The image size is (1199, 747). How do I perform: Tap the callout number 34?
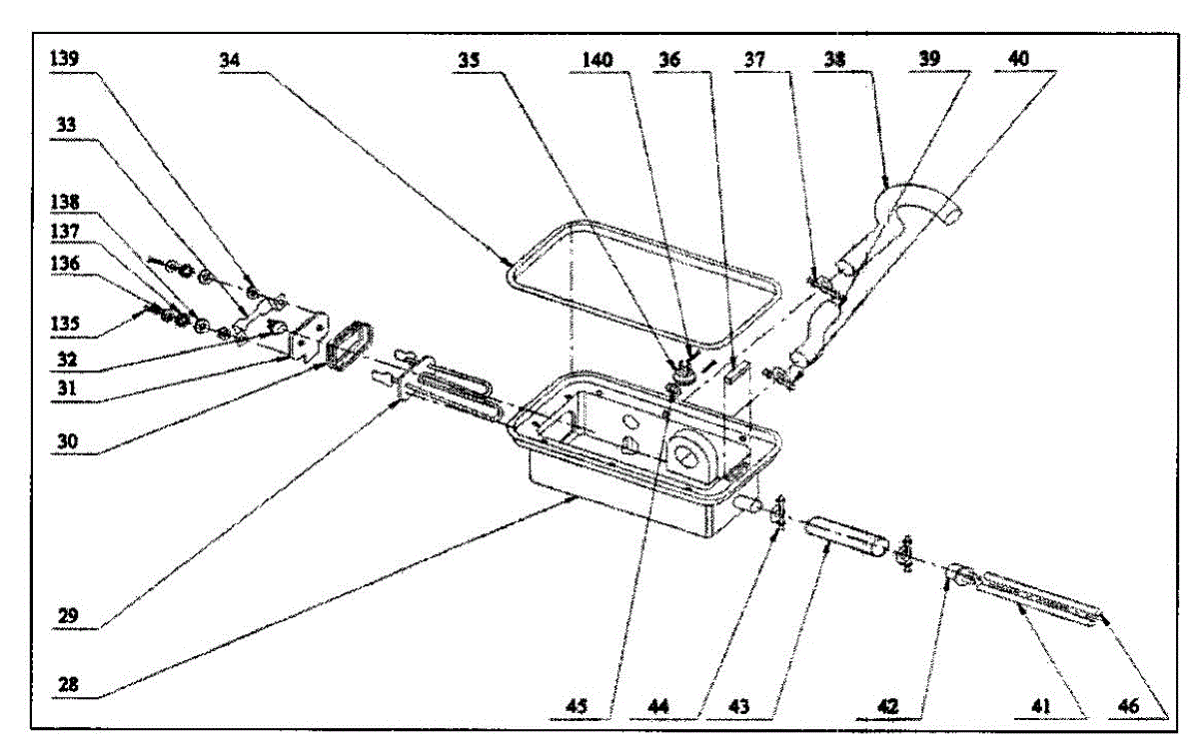point(231,59)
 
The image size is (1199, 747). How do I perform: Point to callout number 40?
point(1017,59)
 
